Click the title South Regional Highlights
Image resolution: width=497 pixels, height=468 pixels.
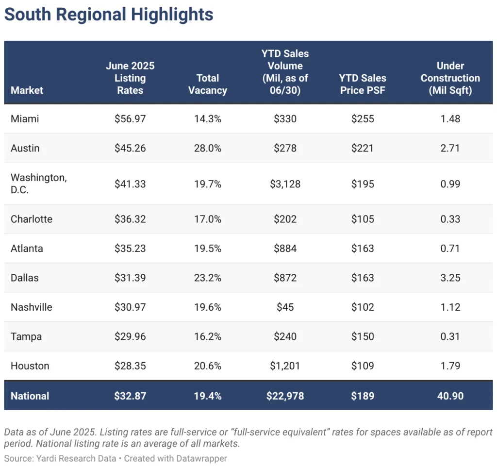(x=109, y=14)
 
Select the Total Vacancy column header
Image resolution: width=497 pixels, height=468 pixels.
(x=208, y=84)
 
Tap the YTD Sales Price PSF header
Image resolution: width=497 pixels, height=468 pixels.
(x=363, y=84)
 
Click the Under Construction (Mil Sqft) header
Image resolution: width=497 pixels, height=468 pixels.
(x=450, y=78)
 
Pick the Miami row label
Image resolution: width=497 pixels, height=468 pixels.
(x=24, y=118)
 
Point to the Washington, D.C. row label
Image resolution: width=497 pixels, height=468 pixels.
(x=39, y=184)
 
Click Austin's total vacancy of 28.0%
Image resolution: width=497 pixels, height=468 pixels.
(x=208, y=148)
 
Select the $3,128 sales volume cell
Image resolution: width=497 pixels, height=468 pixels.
(x=285, y=184)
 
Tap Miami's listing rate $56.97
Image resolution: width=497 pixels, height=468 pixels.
(x=130, y=118)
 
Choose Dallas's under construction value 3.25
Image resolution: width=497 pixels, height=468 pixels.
(x=450, y=278)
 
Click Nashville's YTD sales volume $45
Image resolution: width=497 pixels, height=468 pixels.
(x=285, y=307)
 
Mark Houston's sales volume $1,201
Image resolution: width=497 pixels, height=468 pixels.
(x=285, y=366)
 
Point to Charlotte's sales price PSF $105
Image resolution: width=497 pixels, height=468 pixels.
(x=363, y=219)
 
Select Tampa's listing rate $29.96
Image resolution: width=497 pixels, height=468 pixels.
(x=130, y=336)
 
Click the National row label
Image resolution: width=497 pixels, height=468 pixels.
(x=30, y=396)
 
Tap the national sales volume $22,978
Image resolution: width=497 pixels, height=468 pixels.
(x=285, y=396)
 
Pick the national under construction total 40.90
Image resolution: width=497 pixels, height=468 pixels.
(x=450, y=396)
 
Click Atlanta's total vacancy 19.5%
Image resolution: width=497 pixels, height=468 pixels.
(x=208, y=248)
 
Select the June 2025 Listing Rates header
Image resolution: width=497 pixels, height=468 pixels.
(x=130, y=78)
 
